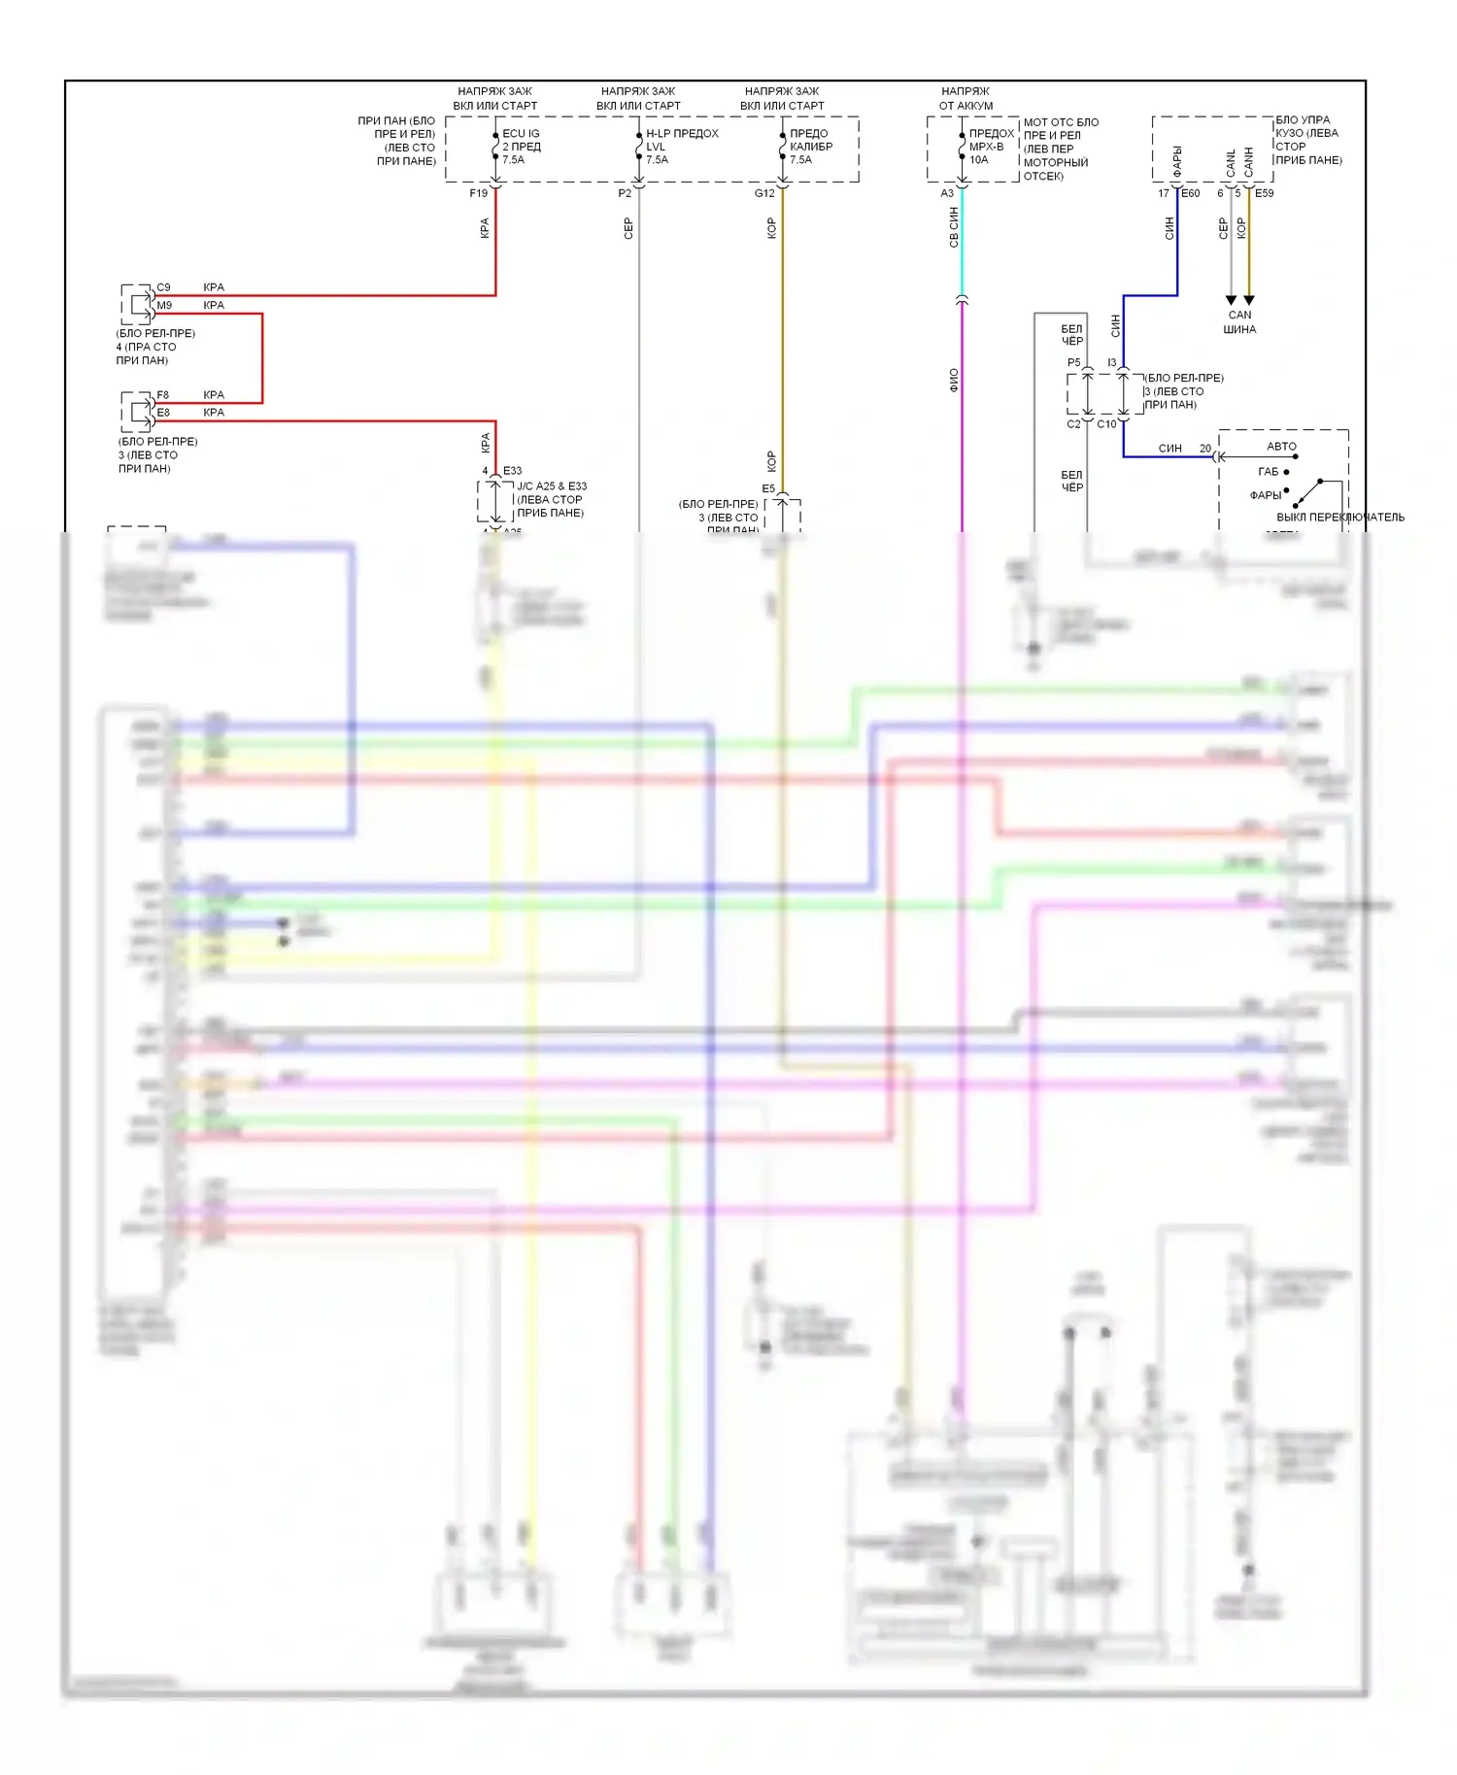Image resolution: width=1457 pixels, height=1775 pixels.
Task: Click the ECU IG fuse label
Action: pyautogui.click(x=521, y=147)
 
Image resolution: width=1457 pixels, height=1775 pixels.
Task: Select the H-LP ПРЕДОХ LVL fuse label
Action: pyautogui.click(x=682, y=147)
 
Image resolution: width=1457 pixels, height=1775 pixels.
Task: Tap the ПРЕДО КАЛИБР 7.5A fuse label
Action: pyautogui.click(x=810, y=147)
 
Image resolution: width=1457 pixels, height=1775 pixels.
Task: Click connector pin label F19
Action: pyautogui.click(x=478, y=194)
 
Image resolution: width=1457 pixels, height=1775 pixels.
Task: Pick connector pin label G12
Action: pyautogui.click(x=764, y=194)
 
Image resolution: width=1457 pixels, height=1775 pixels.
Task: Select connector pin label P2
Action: pyautogui.click(x=625, y=194)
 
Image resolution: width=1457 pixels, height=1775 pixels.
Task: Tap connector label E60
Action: pyautogui.click(x=1191, y=194)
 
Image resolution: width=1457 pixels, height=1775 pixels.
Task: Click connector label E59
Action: pyautogui.click(x=1264, y=194)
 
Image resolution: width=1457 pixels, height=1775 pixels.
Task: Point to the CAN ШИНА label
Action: pyautogui.click(x=1239, y=322)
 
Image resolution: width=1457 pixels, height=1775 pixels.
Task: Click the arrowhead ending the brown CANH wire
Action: pyautogui.click(x=1249, y=300)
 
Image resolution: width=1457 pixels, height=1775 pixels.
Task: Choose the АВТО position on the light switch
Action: pyautogui.click(x=1281, y=447)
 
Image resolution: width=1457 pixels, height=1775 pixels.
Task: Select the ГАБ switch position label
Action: pyautogui.click(x=1269, y=472)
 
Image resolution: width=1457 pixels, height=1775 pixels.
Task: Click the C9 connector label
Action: pyautogui.click(x=163, y=287)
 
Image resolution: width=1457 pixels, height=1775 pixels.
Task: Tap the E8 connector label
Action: pyautogui.click(x=163, y=413)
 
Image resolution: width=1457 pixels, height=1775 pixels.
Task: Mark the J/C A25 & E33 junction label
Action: pyautogui.click(x=551, y=499)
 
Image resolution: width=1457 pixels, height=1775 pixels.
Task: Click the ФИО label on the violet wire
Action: pyautogui.click(x=954, y=380)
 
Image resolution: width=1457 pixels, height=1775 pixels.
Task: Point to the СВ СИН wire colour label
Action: pyautogui.click(x=954, y=227)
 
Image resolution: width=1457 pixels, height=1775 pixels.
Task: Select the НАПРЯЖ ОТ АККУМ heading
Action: pyautogui.click(x=966, y=98)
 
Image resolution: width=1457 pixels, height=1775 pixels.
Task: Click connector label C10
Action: pyautogui.click(x=1106, y=424)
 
